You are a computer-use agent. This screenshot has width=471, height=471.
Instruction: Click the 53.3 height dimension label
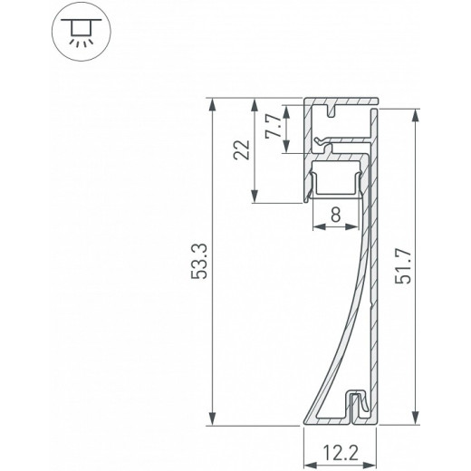tap(202, 263)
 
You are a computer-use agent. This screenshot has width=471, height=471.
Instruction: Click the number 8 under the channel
tap(335, 215)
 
